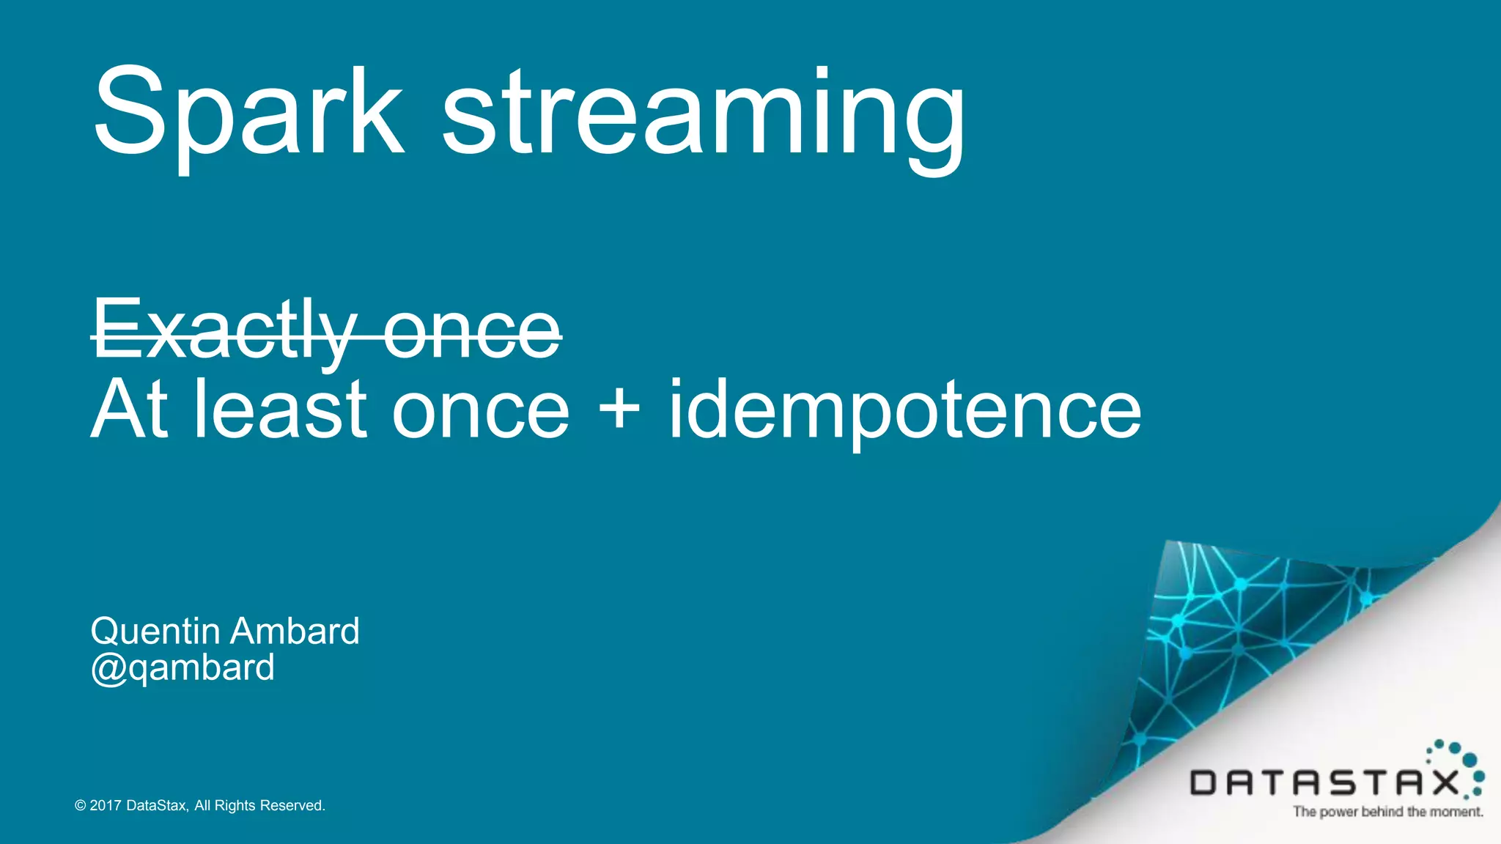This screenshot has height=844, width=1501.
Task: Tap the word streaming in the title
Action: pos(704,117)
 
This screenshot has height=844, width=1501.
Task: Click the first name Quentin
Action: pos(155,631)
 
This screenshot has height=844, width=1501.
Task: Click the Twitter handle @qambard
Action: pos(182,667)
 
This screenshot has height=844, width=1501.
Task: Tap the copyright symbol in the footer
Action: pos(81,806)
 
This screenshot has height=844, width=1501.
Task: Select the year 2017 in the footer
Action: pos(106,806)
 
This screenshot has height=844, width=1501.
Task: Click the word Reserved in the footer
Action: pos(292,806)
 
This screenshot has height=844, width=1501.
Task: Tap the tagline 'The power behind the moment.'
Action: pos(1388,812)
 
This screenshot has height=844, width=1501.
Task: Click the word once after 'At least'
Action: pos(481,410)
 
